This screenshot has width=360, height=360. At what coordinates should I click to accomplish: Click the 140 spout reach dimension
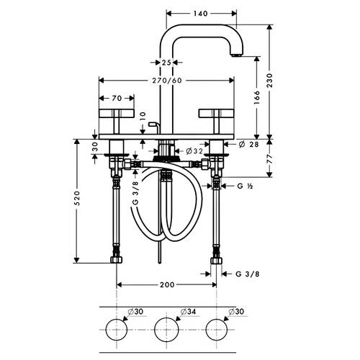point(200,14)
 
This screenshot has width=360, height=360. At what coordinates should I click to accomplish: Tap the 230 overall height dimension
point(270,81)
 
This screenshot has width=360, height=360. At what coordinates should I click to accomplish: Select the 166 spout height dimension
point(257,97)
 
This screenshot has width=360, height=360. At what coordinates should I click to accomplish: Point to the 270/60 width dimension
point(167,81)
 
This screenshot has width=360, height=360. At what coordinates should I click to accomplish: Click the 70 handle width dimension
point(117,98)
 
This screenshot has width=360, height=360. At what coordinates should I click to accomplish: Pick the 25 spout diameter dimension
point(166,63)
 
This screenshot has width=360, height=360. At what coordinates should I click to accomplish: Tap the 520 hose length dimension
point(77,198)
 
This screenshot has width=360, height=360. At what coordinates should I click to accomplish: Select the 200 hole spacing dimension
point(167,285)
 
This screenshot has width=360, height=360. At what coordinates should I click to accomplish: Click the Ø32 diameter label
point(194,151)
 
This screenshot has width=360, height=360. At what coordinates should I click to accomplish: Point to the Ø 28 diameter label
point(249,144)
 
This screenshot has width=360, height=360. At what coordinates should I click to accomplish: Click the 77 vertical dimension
point(270,159)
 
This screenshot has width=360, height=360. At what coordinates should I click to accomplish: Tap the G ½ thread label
point(245,186)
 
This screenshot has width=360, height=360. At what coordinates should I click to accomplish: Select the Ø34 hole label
point(188,312)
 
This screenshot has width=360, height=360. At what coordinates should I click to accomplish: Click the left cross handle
point(117,121)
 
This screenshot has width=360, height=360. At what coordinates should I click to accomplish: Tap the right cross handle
point(217,121)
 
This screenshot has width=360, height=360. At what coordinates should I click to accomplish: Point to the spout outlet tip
point(236,55)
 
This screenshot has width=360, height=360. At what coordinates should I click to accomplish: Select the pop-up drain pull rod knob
point(153,124)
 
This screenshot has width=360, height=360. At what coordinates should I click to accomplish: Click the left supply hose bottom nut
point(117,259)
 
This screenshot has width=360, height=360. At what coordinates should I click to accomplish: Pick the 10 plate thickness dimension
point(143,116)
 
